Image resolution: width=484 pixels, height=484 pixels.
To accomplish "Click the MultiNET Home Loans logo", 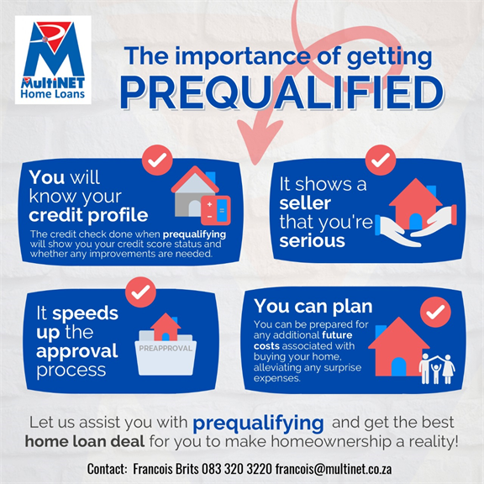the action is coord(53,60).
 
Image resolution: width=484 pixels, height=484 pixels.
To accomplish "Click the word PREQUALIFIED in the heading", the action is coord(281,92).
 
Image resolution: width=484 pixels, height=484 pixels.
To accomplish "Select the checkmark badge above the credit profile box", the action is coord(157,160).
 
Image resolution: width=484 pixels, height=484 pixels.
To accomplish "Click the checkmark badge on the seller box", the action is coord(381,160).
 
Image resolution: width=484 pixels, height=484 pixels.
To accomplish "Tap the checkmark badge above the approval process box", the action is coord(140,292).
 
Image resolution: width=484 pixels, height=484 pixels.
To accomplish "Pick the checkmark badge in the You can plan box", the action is coord(435,312).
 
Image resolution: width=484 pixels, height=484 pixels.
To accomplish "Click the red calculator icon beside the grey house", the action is coord(216,210).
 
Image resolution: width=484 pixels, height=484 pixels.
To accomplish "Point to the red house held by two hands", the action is coord(415,204).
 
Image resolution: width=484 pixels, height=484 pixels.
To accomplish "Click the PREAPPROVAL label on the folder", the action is coord(166,349).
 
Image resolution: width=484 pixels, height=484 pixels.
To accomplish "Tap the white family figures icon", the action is coord(437,369).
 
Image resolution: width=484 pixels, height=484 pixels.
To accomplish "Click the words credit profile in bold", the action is coord(88,215).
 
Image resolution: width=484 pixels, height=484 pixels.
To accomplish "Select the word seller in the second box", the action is coord(305,203).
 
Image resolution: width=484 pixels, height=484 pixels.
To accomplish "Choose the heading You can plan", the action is coord(313,307).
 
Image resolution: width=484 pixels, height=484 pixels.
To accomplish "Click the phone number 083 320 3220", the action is coord(237,469).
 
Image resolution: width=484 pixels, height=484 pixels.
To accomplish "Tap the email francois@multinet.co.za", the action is coord(334,469).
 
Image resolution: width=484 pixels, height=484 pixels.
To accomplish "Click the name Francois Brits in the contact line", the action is coord(166,469).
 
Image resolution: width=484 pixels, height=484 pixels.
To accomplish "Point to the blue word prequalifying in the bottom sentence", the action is coord(258,423).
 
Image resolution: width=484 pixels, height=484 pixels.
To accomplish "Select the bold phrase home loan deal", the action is coord(85,441).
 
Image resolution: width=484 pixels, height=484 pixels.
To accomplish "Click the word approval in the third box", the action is coord(76,351).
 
